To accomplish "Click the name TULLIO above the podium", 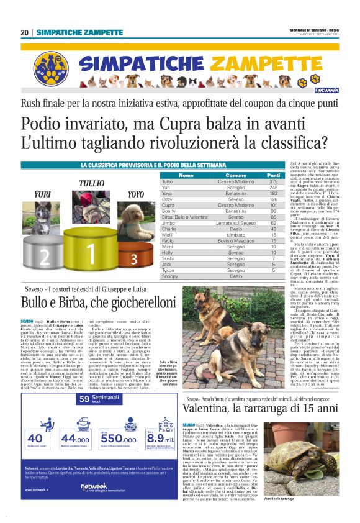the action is click(x=91, y=184).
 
